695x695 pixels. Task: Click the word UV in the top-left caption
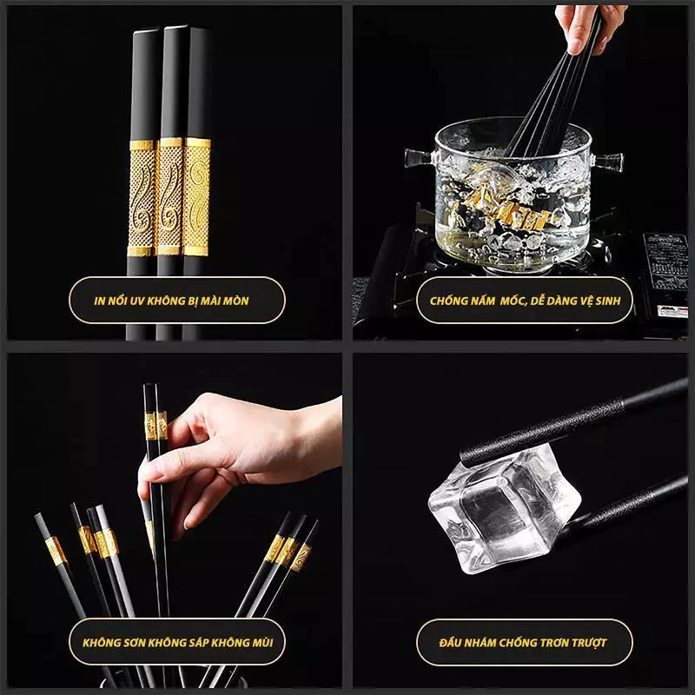[x=137, y=301]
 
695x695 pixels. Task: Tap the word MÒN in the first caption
[x=236, y=301]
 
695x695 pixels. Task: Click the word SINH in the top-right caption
[x=607, y=301]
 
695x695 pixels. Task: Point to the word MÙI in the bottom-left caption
[x=263, y=642]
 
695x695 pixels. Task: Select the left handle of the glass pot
[x=420, y=157]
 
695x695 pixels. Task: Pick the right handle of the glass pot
[x=607, y=162]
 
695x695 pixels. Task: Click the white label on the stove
[x=672, y=311]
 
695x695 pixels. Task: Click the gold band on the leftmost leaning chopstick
[x=56, y=551]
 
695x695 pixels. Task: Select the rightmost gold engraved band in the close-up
[x=197, y=197]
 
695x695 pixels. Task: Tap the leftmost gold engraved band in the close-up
[x=142, y=198]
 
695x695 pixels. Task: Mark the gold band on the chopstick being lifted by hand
[x=156, y=426]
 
